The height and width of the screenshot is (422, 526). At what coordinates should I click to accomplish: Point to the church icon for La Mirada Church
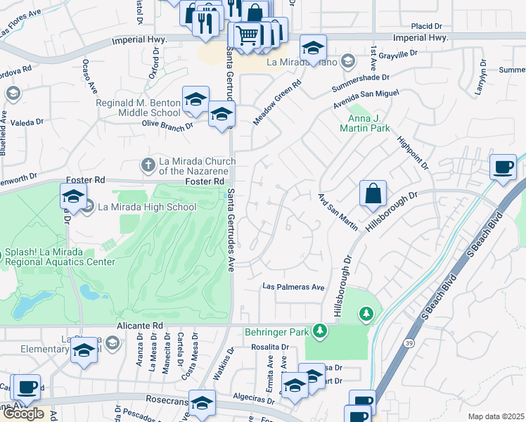148,165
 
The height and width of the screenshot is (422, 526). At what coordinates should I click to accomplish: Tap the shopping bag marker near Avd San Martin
373,193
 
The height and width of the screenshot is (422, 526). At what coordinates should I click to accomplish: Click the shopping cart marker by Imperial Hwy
247,34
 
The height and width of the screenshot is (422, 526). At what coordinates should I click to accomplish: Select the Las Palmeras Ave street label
293,287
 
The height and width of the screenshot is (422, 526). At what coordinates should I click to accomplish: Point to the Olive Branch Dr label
167,125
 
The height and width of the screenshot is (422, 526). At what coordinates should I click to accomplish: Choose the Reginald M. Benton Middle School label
139,108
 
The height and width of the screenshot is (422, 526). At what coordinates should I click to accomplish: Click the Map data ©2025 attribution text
496,416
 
